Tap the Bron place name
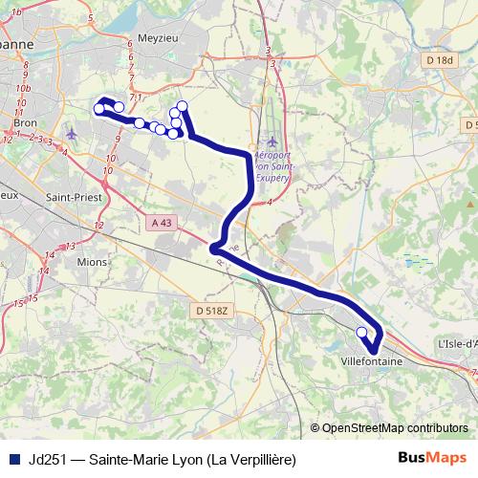pos(24,122)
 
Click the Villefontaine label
pos(371,362)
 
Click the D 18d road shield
pos(439,59)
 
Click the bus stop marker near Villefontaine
pos(361,332)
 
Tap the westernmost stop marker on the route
pos(98,109)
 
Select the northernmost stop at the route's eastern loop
pos(182,105)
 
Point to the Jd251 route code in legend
pos(47,460)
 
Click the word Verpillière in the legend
pos(255,460)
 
